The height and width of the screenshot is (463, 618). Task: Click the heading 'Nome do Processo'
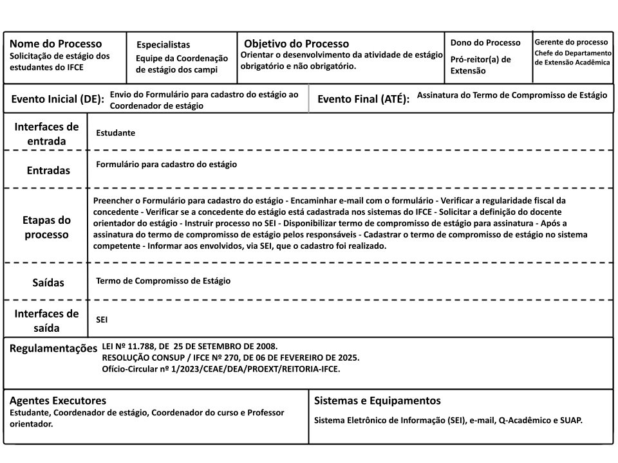point(55,44)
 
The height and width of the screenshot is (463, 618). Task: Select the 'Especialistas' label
point(163,44)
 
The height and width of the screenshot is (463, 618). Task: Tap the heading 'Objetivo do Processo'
point(296,44)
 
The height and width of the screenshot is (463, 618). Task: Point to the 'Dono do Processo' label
point(485,42)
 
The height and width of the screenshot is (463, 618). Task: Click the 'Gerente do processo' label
point(571,42)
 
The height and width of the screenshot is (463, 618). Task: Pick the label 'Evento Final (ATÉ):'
point(364,100)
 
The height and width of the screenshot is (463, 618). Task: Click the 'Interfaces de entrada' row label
point(46,134)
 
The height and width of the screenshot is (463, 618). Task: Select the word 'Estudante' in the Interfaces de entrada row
point(115,133)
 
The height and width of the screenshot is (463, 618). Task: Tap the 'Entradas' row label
point(48,171)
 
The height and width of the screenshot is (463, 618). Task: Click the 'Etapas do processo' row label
point(46,227)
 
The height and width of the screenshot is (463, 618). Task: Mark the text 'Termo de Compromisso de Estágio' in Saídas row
point(163,281)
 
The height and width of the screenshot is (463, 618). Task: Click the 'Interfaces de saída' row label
point(46,320)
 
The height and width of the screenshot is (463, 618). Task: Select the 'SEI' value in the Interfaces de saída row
point(102,318)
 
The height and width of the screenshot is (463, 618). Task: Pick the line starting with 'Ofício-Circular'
point(221,369)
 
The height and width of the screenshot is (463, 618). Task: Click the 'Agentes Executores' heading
point(57,401)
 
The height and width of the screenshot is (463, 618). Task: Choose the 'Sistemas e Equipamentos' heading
point(377,401)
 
